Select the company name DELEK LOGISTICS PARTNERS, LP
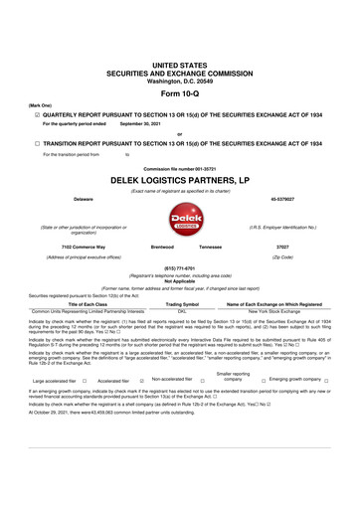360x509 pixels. pos(179,181)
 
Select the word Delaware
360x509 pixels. pos(69,198)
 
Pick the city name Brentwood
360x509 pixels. pos(162,246)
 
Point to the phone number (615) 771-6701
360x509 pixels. pos(179,268)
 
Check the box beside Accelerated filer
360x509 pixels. pos(142,381)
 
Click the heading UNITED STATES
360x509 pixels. pos(179,64)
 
